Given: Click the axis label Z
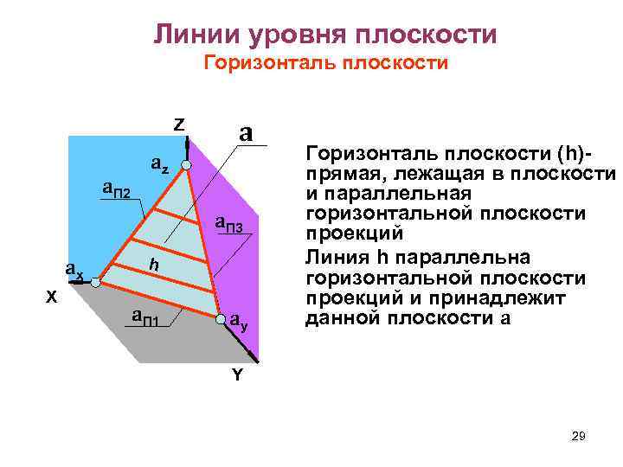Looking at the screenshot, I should [178, 124].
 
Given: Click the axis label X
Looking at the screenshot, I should [51, 297].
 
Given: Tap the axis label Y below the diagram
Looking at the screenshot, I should [235, 375].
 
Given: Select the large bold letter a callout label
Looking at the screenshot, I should [246, 133].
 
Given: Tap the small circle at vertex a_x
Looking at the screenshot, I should [97, 282].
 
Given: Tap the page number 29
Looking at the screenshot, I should [579, 437].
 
